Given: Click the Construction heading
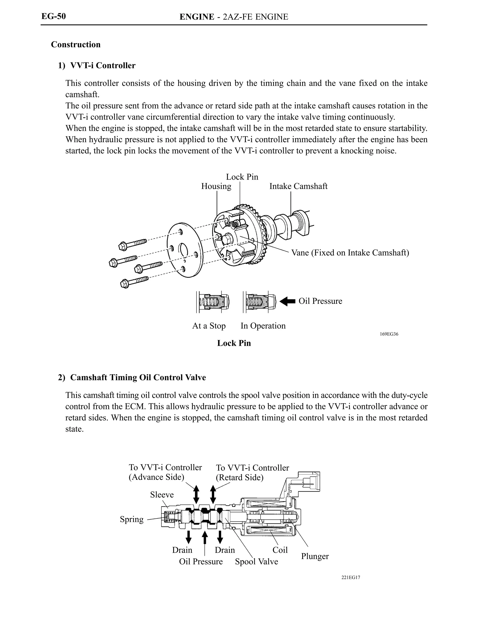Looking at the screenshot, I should (x=75, y=44).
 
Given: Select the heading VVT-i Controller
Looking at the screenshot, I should (x=103, y=65).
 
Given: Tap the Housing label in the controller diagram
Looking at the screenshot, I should (x=216, y=186).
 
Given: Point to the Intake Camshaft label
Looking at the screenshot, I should (x=298, y=186).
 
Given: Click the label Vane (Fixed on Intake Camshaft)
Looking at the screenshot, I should (x=350, y=252).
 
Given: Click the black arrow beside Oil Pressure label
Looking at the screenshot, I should (x=287, y=301).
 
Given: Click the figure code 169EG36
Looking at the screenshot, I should (x=389, y=334).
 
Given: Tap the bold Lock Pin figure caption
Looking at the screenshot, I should (x=234, y=343).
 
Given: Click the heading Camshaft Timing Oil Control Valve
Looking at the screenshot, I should (x=138, y=377).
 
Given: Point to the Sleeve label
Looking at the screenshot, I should (x=162, y=495).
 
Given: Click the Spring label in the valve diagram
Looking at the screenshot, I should (x=131, y=519).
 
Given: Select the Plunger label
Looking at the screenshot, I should (x=315, y=556).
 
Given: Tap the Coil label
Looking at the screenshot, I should (x=280, y=550).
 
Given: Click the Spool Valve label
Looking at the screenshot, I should (x=256, y=561).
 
